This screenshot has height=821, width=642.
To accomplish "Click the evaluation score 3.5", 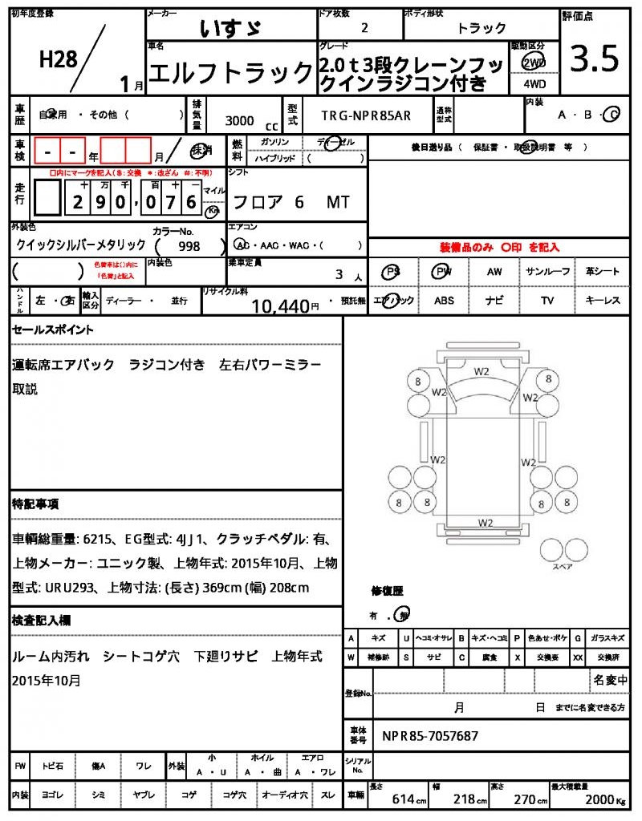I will tap(594, 59).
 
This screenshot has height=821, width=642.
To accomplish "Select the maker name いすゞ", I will tap(230, 29).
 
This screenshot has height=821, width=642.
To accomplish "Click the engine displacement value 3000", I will tap(239, 120).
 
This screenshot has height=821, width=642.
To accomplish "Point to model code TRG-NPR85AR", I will tap(366, 115).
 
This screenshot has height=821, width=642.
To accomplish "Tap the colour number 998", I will tap(189, 247).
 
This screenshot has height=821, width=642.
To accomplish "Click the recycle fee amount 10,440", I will tap(280, 305).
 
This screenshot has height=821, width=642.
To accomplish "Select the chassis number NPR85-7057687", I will tap(430, 735).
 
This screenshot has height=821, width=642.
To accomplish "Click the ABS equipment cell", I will tap(444, 301).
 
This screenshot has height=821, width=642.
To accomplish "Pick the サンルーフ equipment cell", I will tap(548, 272).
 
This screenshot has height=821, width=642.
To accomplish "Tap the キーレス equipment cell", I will tap(603, 301).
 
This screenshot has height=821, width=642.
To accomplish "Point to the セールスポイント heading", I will tap(53, 330).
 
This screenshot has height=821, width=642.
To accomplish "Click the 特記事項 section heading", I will tap(35, 504).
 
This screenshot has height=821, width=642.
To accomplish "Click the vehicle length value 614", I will tap(402, 800).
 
